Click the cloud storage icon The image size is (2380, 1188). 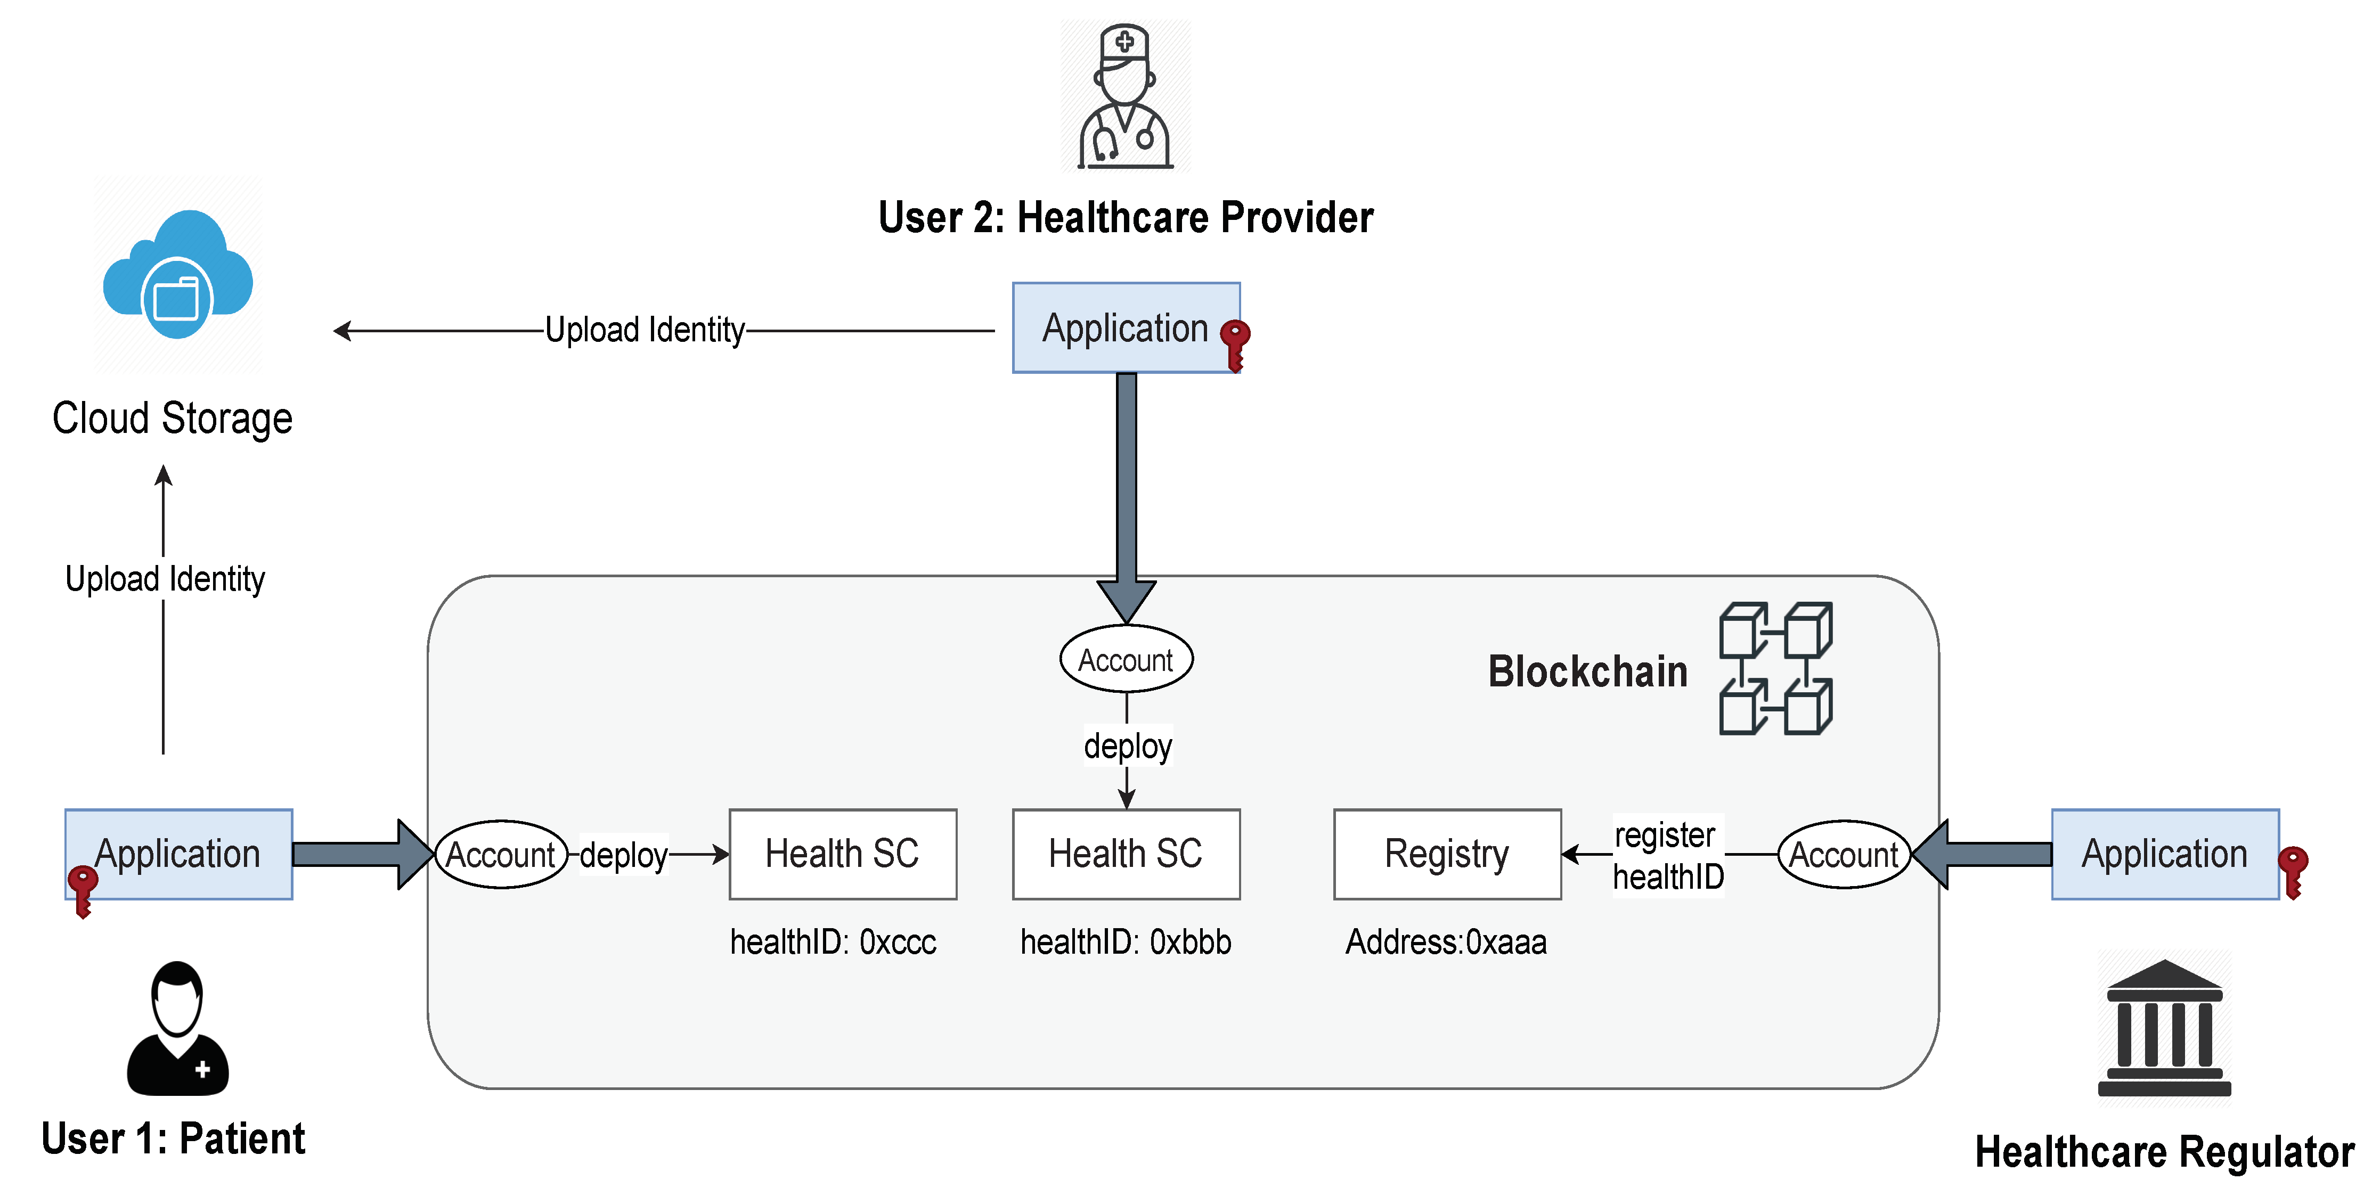[x=177, y=275]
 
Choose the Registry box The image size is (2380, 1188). [x=1447, y=854]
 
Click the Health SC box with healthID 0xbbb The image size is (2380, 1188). [x=1126, y=854]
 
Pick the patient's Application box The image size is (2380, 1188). [x=178, y=854]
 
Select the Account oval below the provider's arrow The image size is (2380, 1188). [x=1126, y=660]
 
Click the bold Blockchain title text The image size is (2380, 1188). [x=1587, y=671]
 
